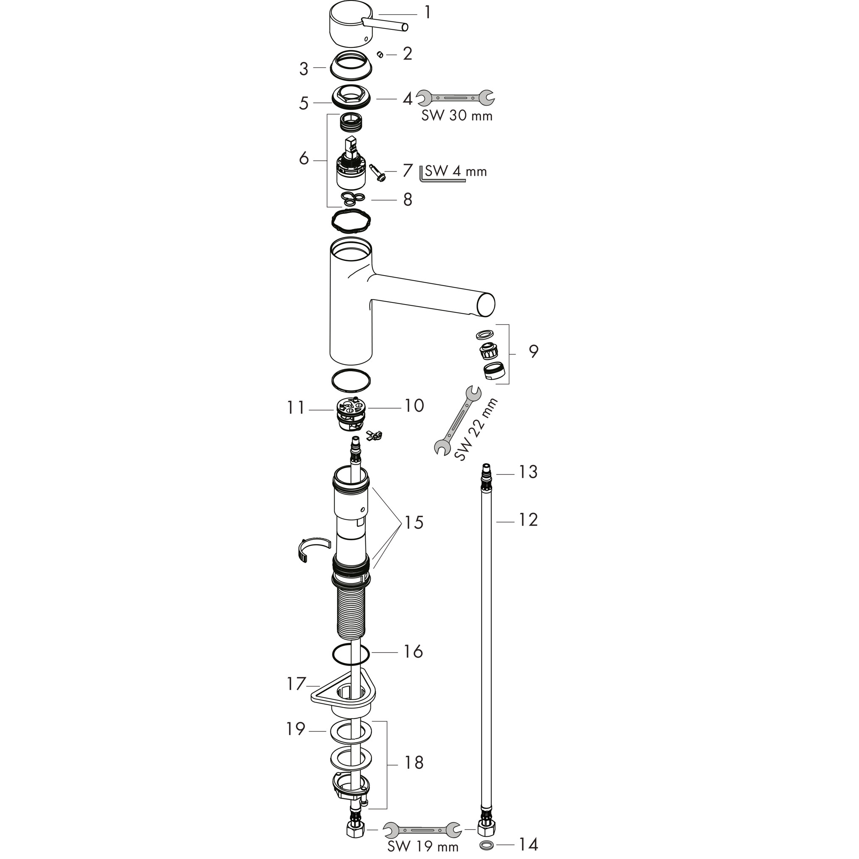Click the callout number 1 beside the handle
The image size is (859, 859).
click(427, 13)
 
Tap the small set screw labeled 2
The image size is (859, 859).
click(380, 54)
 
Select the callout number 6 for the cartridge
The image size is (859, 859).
click(304, 158)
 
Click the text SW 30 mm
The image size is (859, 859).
click(457, 116)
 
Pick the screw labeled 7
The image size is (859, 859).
click(377, 172)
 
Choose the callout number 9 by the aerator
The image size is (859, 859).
click(534, 351)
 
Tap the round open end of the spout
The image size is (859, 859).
click(486, 305)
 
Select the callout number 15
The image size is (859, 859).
click(414, 523)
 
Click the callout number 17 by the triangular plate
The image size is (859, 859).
click(296, 684)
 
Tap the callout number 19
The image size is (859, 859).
click(296, 729)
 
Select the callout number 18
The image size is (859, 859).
click(414, 763)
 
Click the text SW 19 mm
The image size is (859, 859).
click(422, 846)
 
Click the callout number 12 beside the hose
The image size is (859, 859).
click(528, 520)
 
